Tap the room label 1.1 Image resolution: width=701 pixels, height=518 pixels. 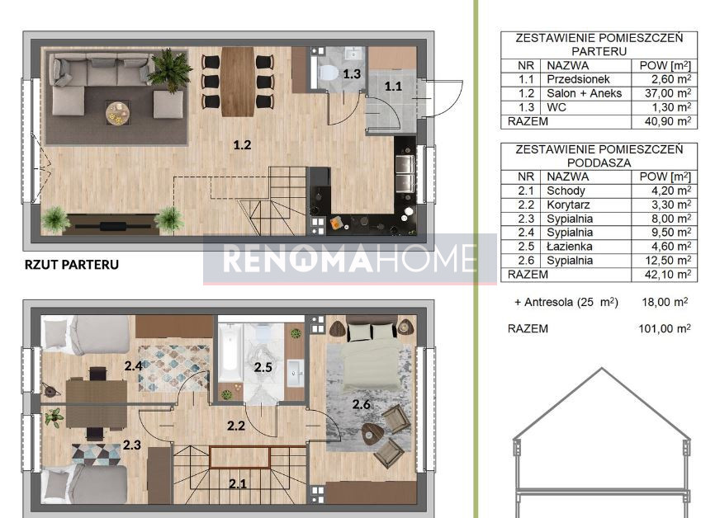pos(393,86)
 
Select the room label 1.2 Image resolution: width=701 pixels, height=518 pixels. pos(242,144)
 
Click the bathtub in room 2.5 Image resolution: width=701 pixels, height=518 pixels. pos(230,352)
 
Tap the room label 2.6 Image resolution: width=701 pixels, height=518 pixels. pos(361,404)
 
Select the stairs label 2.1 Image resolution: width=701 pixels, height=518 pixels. pos(238,483)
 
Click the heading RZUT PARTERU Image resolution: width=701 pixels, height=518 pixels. pos(72,264)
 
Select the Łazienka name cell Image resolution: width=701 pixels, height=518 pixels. pos(569,247)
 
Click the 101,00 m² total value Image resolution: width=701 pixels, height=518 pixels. pos(665,328)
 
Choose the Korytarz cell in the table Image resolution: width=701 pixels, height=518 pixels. pos(568,205)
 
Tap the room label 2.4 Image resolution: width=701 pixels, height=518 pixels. pos(133,366)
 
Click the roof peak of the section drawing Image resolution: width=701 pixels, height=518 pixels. pos(602,369)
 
